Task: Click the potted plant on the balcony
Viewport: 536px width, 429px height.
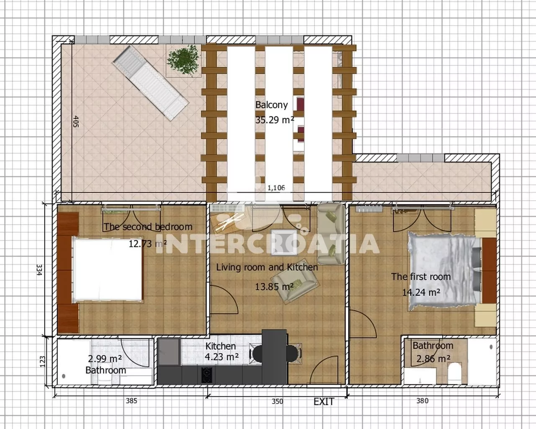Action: pos(183,60)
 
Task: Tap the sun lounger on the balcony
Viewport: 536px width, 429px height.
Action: pos(150,83)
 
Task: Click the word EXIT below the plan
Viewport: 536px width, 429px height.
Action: pos(324,402)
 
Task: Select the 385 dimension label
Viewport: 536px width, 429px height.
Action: pos(131,401)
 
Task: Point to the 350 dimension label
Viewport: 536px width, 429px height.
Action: pos(277,401)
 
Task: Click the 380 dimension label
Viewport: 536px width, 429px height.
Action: pos(423,401)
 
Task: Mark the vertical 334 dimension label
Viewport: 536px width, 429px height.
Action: pos(39,270)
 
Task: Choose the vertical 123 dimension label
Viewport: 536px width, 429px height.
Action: pos(42,362)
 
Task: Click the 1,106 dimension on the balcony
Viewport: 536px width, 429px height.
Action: pos(276,188)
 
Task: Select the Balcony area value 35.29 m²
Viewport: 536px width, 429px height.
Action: pos(274,120)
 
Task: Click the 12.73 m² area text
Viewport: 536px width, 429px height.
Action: pos(147,243)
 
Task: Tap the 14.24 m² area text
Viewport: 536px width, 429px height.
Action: pos(421,292)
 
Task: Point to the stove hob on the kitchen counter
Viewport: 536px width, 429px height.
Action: pos(207,375)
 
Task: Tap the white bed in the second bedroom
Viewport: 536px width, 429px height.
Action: pos(107,270)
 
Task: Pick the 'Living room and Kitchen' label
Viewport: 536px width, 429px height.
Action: pos(267,267)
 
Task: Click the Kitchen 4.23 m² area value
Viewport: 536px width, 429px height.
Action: pos(222,357)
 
